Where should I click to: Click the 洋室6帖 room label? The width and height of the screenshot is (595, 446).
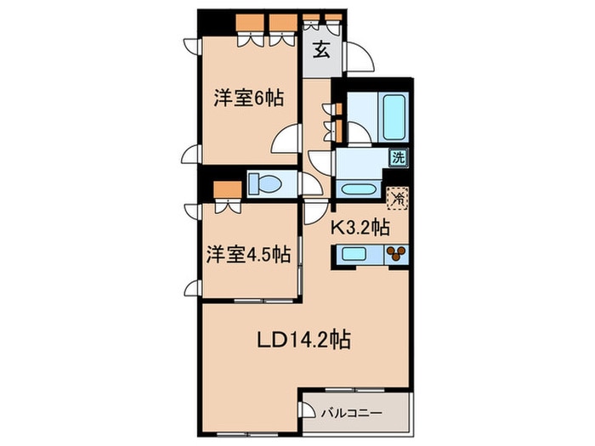(248, 99)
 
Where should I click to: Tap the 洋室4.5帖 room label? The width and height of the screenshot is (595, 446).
(248, 254)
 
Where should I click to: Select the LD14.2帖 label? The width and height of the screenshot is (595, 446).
(304, 340)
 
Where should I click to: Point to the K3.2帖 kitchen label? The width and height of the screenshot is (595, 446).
(360, 227)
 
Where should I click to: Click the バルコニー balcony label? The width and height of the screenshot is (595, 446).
(352, 413)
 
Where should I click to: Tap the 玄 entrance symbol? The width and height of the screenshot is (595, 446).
(321, 49)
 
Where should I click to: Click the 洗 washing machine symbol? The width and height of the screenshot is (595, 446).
(399, 157)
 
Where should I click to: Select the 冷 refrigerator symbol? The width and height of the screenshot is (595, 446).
(397, 198)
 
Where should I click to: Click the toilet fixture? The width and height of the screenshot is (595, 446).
(265, 184)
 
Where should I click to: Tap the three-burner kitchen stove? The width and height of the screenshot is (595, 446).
(397, 254)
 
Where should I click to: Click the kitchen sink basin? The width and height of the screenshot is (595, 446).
(354, 254)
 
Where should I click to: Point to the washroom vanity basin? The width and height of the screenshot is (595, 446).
(358, 189)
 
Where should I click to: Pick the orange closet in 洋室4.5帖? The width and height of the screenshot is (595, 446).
(228, 189)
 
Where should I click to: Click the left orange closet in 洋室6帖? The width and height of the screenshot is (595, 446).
(250, 24)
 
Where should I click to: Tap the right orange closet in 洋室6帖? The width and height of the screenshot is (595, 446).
(283, 24)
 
